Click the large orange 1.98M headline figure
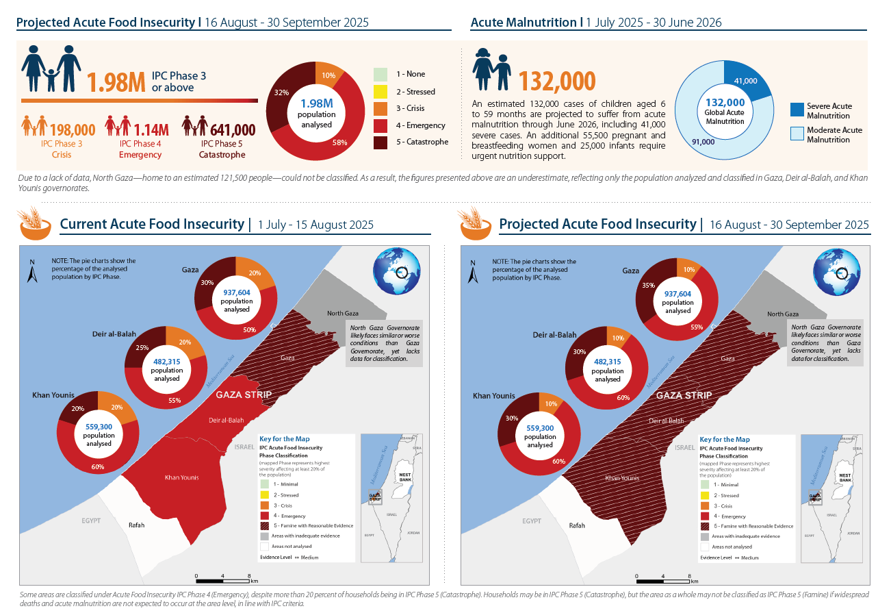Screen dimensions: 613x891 [x=116, y=82]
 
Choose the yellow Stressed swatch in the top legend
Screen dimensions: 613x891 [x=381, y=91]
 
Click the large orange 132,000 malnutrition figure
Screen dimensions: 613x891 [x=556, y=81]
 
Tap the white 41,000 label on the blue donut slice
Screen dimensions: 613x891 [x=745, y=81]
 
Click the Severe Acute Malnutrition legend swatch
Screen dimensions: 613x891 [x=797, y=110]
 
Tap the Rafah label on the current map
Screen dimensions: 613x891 [x=137, y=525]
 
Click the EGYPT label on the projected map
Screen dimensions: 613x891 [x=532, y=521]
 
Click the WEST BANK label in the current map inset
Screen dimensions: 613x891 [x=405, y=477]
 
